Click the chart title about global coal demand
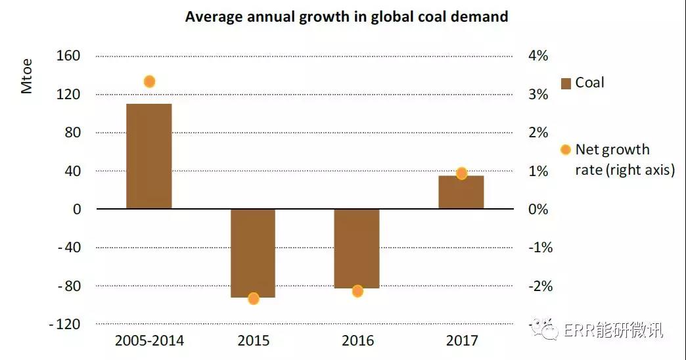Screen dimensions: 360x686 click(346, 17)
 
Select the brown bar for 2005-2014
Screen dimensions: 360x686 click(149, 156)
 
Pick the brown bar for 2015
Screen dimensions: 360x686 click(253, 253)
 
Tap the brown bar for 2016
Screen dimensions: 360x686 click(357, 248)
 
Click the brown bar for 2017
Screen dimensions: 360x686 click(461, 192)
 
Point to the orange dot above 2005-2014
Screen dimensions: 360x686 click(149, 81)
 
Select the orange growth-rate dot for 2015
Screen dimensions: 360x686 click(254, 298)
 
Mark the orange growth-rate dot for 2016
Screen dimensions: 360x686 click(357, 291)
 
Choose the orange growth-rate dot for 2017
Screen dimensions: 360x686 click(461, 173)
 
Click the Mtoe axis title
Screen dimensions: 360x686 click(27, 77)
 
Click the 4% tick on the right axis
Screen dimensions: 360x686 click(537, 56)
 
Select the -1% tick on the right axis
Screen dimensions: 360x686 click(540, 248)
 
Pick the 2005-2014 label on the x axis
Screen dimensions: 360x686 click(149, 341)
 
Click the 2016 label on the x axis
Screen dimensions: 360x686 click(357, 341)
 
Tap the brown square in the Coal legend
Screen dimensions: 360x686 click(566, 83)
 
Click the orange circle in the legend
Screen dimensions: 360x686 click(566, 150)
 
